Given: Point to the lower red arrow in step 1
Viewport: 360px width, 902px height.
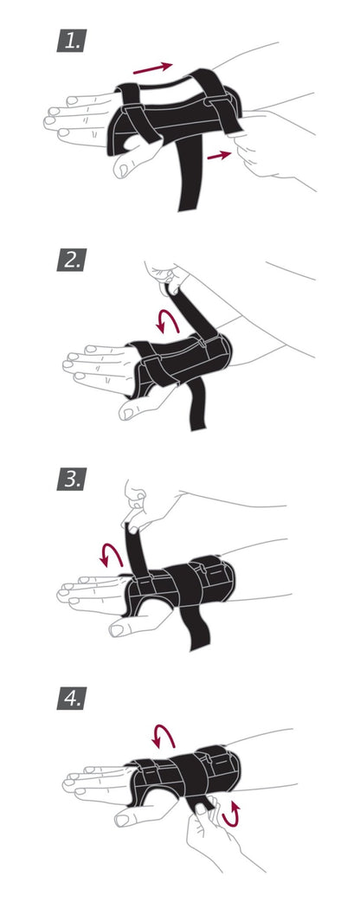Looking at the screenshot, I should coord(220,155).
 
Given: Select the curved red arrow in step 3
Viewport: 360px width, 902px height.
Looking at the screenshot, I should coord(110,552).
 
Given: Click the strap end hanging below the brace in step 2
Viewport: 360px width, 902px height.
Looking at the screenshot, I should coord(196,407).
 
